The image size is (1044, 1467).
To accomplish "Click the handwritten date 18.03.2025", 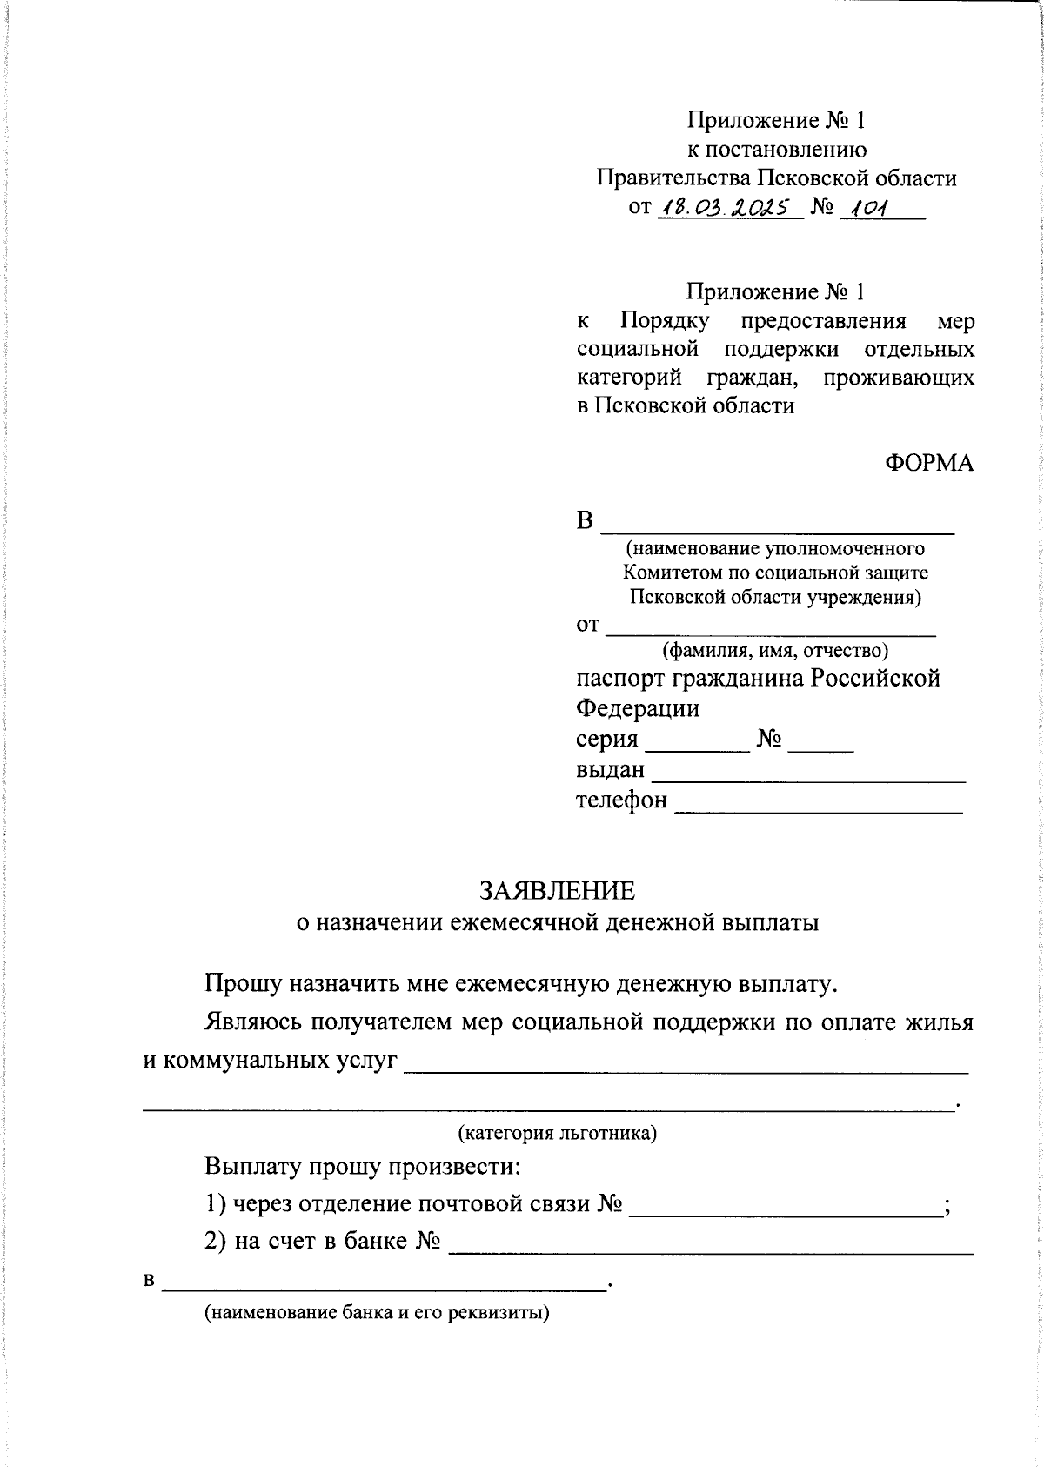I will coord(726,207).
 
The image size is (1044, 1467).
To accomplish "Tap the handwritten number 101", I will coord(870,207).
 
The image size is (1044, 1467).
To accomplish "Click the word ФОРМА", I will coord(928,463).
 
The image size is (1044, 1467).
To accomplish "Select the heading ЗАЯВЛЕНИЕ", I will coord(557,890).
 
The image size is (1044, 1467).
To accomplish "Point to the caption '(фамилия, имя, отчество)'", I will coord(774,650).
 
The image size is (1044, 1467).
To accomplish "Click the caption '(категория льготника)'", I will coord(557,1133).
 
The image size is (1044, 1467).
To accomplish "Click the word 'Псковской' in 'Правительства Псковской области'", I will coord(813,178).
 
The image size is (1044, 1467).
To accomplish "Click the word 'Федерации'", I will coord(638,708).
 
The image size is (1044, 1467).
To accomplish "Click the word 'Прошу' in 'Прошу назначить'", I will coord(242,983).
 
